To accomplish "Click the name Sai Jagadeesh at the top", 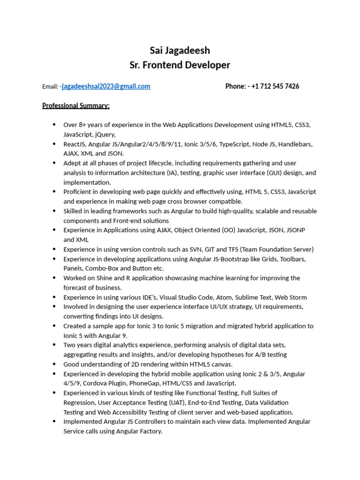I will click(x=180, y=50).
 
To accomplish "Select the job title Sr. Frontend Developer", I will click(x=180, y=65).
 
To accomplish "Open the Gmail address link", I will click(x=106, y=86).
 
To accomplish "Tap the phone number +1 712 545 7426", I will click(x=275, y=86).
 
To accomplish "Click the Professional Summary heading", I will click(x=76, y=105).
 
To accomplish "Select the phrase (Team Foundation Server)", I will click(x=277, y=249).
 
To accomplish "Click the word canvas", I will click(x=220, y=364).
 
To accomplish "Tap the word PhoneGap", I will click(x=152, y=383).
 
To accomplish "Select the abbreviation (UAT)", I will click(x=176, y=403).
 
